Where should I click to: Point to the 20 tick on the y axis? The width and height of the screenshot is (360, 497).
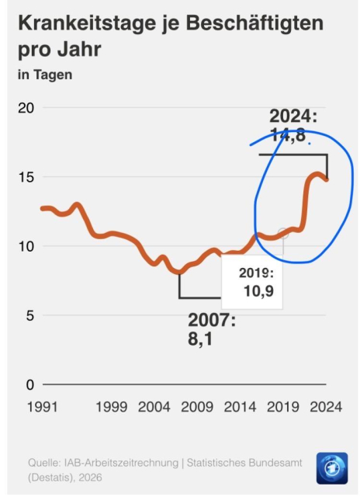26,108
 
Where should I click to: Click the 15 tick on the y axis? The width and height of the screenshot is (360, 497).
26,177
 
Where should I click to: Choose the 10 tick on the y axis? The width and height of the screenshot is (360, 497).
26,246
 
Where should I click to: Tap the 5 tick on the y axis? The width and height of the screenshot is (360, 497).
29,315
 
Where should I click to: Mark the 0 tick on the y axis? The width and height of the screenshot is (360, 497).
29,384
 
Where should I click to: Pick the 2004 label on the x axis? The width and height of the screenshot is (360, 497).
155,406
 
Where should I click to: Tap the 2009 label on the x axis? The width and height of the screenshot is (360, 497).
198,406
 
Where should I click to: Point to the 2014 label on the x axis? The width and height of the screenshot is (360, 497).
241,406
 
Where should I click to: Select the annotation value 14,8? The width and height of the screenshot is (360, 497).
289,134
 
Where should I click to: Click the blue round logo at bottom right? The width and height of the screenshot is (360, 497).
332,468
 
